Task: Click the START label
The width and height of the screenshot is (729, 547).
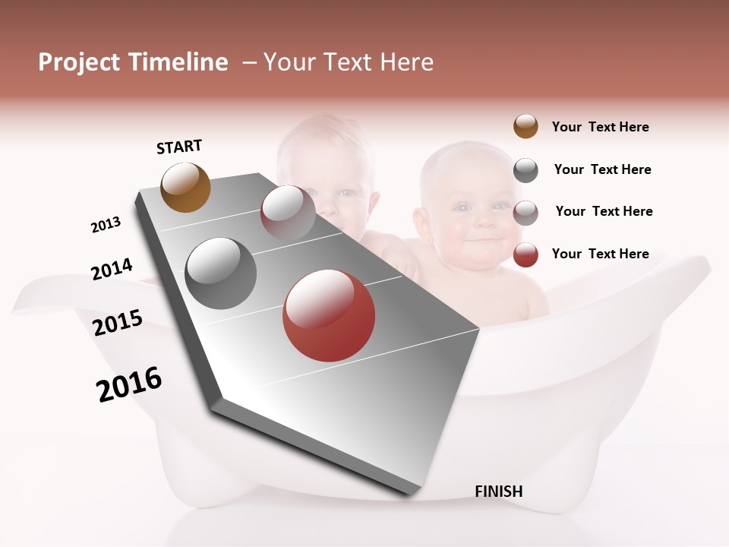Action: tap(179, 147)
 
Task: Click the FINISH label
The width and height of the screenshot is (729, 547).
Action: tap(498, 492)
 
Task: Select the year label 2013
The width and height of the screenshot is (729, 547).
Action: tap(106, 225)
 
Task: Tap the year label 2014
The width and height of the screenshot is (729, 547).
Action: tap(112, 269)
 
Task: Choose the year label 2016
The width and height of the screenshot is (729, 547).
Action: tap(129, 384)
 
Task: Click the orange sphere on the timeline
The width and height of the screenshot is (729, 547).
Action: tap(186, 187)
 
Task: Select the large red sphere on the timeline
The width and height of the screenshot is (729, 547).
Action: tap(329, 315)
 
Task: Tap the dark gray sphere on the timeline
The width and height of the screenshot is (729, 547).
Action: tap(221, 273)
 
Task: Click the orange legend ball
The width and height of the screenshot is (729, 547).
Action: tap(525, 126)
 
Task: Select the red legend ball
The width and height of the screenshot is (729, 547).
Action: tap(525, 255)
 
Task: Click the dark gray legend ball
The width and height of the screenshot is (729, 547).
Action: tap(525, 170)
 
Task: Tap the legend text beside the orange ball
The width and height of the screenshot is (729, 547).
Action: tap(600, 127)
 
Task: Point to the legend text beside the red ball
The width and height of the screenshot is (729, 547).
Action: tap(600, 254)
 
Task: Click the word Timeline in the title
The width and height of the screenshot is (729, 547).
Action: tap(178, 62)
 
